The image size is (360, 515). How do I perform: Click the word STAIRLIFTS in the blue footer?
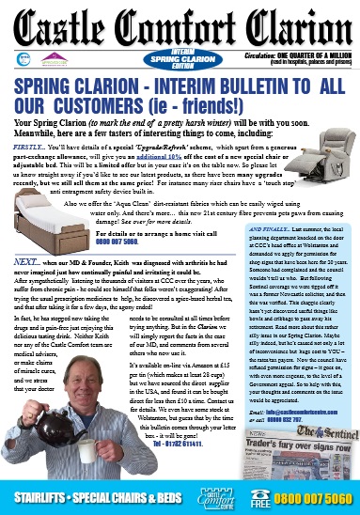[x=39, y=496]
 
